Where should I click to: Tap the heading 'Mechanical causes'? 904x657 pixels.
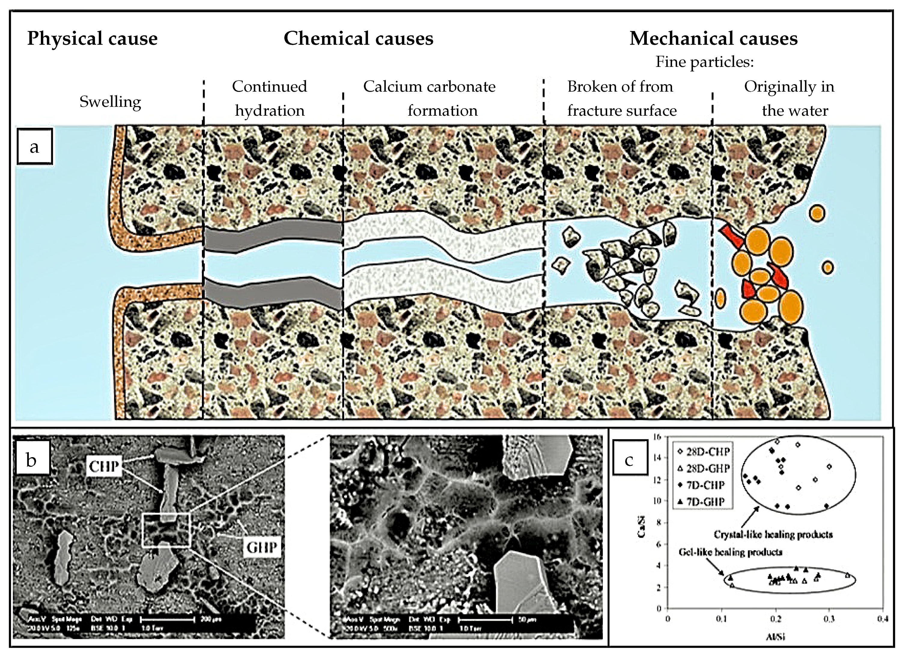[x=713, y=39]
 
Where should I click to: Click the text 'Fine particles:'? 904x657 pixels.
[x=704, y=62]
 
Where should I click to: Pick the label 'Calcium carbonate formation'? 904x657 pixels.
[x=430, y=98]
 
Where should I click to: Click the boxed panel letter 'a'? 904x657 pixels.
[x=35, y=146]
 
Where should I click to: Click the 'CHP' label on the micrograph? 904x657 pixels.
[x=104, y=466]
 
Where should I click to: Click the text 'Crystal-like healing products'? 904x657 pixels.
[x=773, y=534]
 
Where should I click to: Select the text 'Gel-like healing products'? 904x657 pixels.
[x=730, y=552]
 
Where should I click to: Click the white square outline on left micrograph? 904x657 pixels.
[x=167, y=530]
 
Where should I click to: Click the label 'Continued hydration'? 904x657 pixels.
[x=270, y=98]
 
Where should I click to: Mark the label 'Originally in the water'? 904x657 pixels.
[x=790, y=98]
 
